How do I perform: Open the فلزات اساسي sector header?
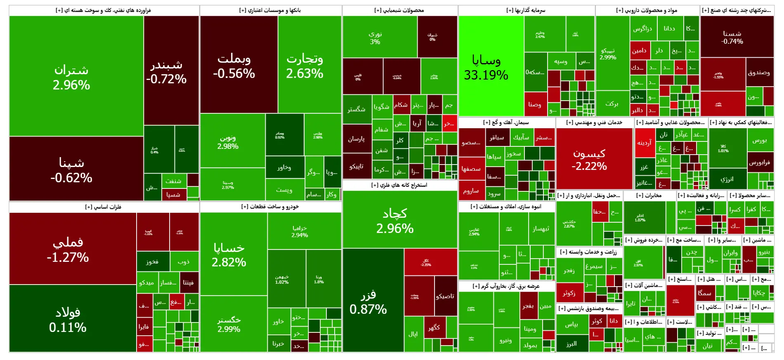coord(103,207)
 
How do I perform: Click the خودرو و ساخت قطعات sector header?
coord(270,207)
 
